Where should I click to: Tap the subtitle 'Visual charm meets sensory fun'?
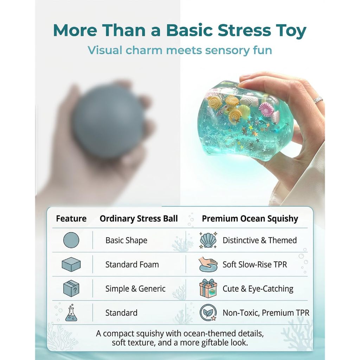(x=180, y=50)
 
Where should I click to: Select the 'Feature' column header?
(x=71, y=219)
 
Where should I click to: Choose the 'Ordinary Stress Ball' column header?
(x=139, y=219)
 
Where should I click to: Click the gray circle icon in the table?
(x=71, y=240)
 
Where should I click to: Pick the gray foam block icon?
(x=71, y=264)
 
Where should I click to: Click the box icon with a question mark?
(x=71, y=288)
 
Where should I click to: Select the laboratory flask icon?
(x=71, y=313)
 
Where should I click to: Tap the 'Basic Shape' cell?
(x=126, y=240)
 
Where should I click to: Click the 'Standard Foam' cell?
(x=132, y=264)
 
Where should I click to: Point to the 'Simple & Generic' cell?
(x=135, y=289)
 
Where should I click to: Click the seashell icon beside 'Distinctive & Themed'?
(x=208, y=240)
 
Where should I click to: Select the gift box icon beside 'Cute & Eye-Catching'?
(x=208, y=288)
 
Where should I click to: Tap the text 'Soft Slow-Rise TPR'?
(x=255, y=264)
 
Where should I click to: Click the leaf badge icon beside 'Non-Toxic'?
(x=208, y=313)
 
